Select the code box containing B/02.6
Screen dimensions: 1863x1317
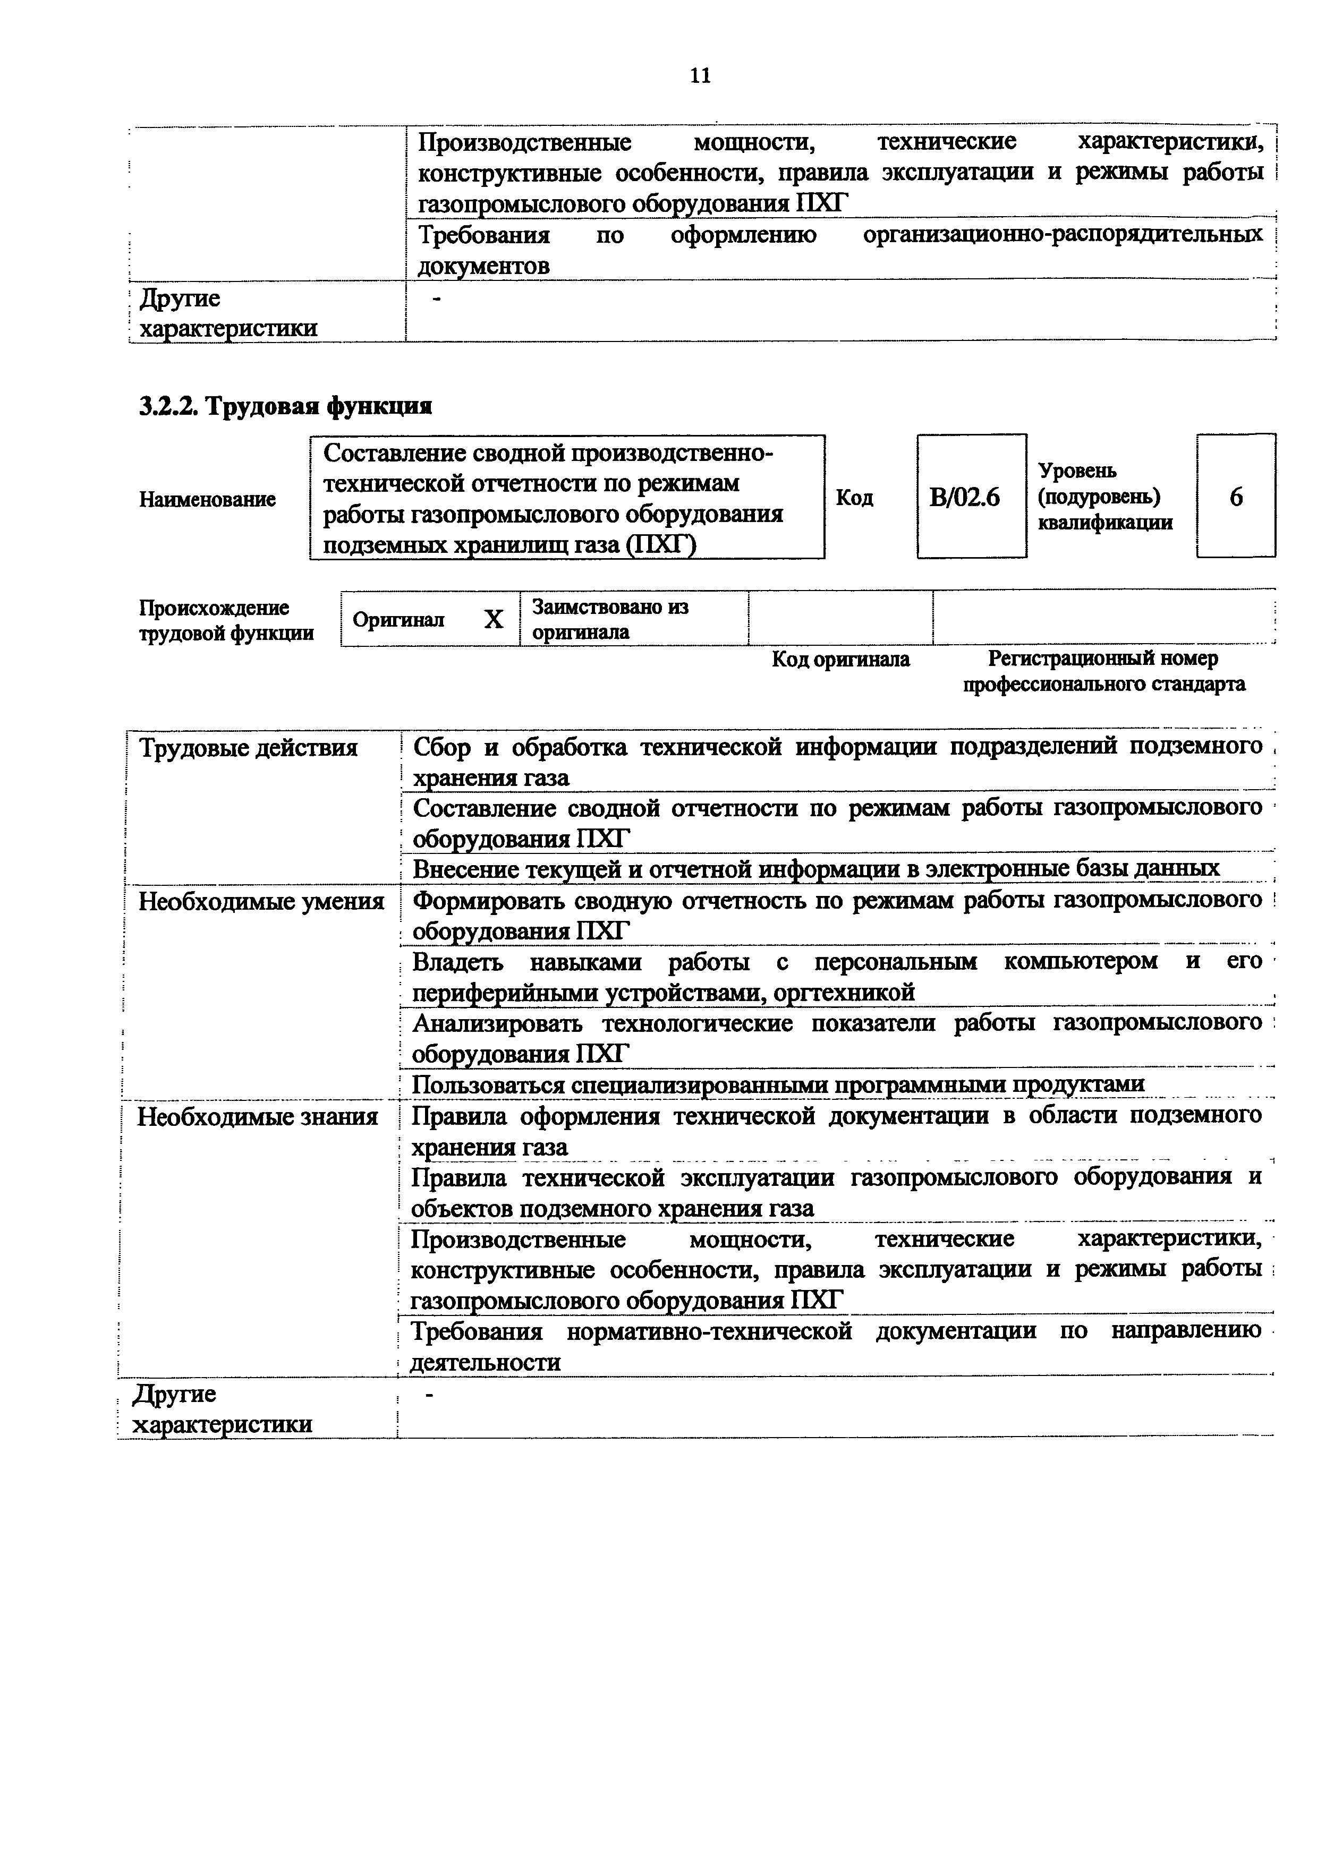[971, 497]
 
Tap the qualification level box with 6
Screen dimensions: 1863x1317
[1235, 497]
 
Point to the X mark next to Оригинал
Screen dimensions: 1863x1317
[494, 620]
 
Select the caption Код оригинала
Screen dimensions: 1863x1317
[840, 660]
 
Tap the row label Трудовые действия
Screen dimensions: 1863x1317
[248, 747]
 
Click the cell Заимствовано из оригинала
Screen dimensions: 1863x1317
[610, 619]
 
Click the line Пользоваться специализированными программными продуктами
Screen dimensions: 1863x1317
[778, 1085]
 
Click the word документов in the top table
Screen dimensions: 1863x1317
[483, 266]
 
